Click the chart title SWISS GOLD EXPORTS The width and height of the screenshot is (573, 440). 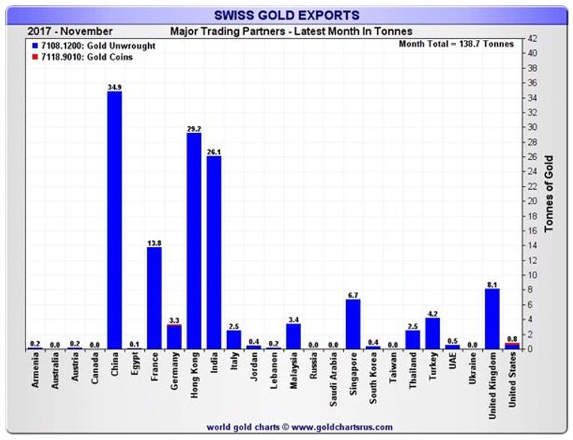pyautogui.click(x=287, y=15)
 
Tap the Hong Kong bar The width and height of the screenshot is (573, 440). pyautogui.click(x=194, y=241)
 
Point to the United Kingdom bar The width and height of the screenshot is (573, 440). pyautogui.click(x=492, y=319)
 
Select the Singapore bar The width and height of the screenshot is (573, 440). pyautogui.click(x=353, y=324)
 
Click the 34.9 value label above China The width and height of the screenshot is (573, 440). pyautogui.click(x=115, y=87)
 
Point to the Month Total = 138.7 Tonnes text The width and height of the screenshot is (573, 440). pyautogui.click(x=457, y=44)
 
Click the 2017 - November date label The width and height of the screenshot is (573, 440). pyautogui.click(x=70, y=32)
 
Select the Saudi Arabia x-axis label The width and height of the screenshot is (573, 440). pyautogui.click(x=333, y=379)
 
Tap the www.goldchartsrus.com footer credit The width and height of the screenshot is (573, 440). pyautogui.click(x=300, y=427)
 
